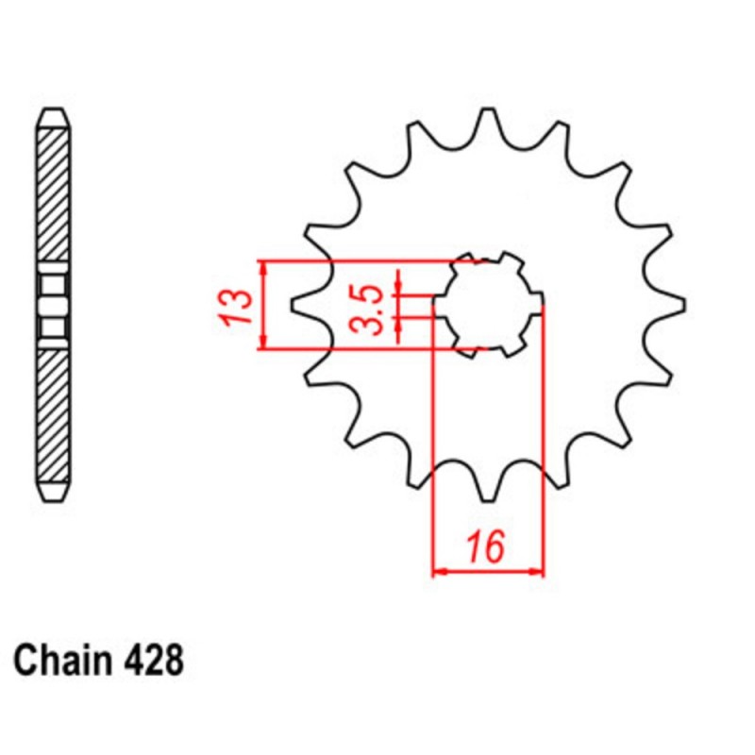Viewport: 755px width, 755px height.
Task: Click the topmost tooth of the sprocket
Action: (x=489, y=118)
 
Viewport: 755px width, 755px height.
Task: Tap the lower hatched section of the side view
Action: (x=53, y=415)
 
